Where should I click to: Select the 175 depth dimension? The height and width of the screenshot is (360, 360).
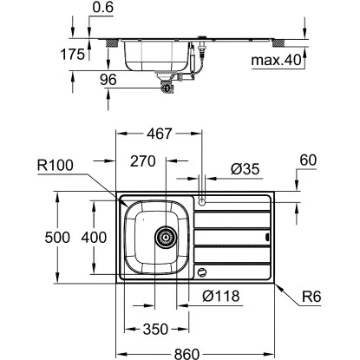click(x=75, y=54)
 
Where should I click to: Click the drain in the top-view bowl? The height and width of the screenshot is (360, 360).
click(x=163, y=236)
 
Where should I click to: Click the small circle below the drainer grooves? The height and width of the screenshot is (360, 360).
click(x=202, y=272)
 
